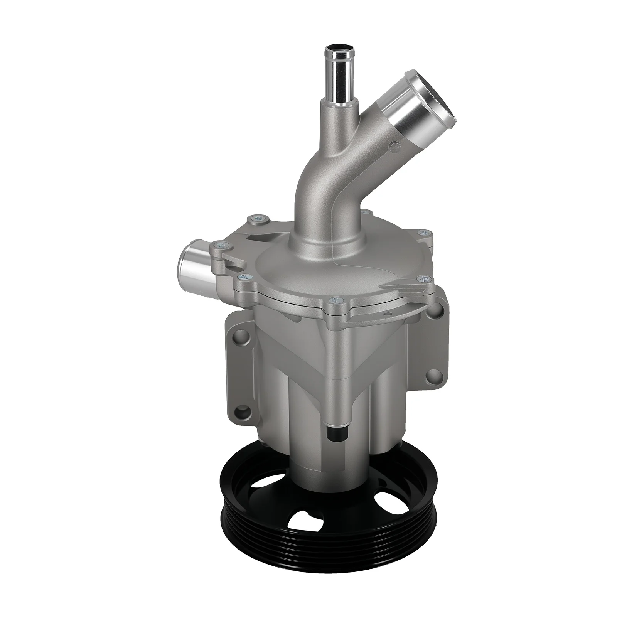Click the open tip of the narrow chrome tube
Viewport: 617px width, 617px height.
click(338, 49)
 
